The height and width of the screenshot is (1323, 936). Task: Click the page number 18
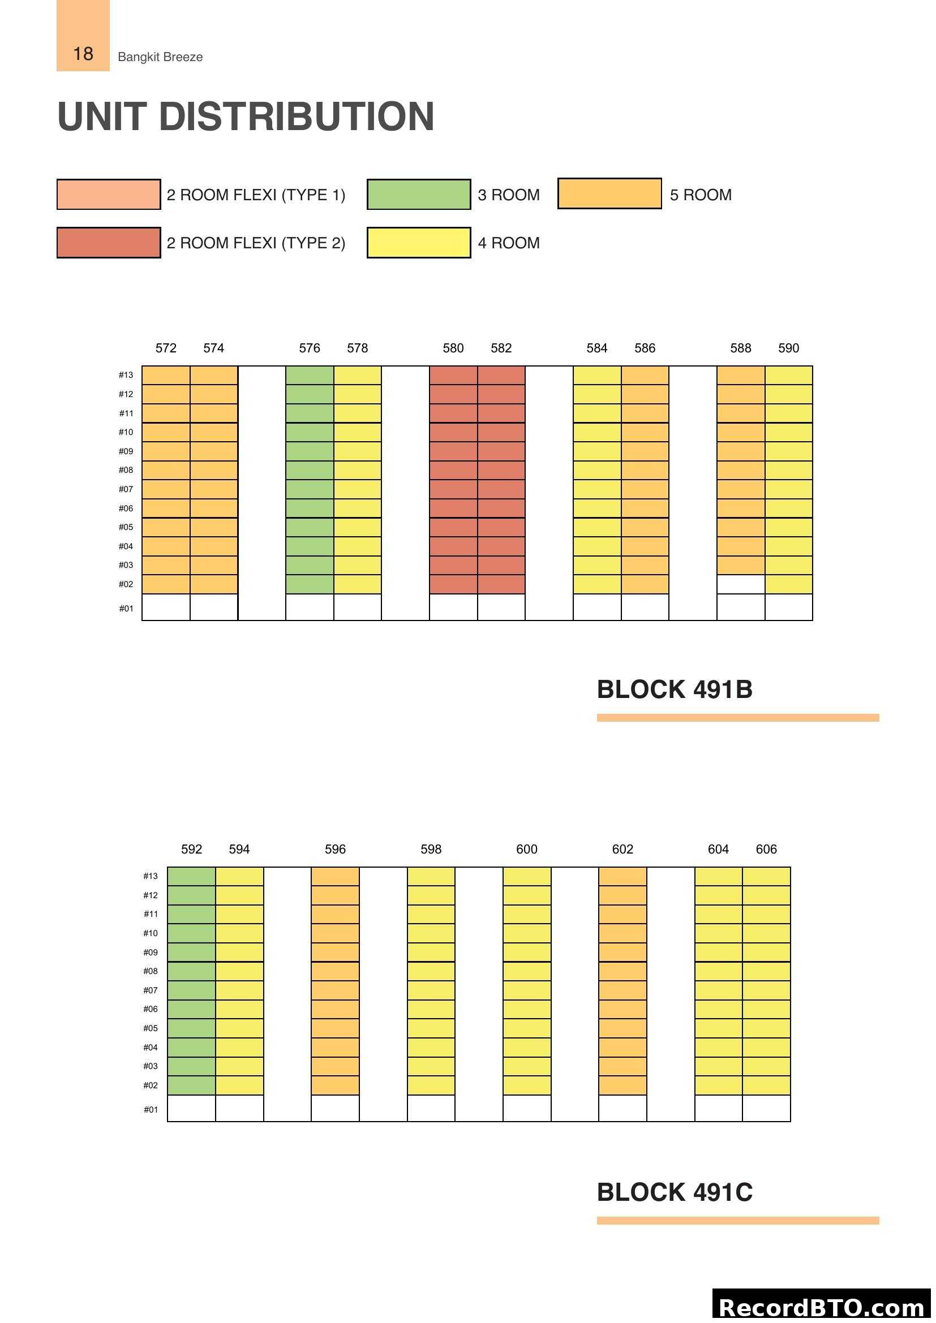pos(83,54)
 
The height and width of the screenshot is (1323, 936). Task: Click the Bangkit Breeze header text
pos(160,57)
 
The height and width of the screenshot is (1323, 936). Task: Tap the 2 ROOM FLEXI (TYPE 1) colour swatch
pos(108,194)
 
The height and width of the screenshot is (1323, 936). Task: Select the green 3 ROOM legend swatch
pos(418,194)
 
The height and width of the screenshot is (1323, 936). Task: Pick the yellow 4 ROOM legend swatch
pos(418,243)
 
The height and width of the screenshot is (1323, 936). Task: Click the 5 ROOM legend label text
pos(700,195)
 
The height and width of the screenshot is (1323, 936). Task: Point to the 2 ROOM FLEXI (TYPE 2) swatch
pos(108,243)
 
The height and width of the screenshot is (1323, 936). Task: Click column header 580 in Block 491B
pos(453,348)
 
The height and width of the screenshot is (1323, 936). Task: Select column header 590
pos(788,348)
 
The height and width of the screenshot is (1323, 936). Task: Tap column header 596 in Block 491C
pos(335,850)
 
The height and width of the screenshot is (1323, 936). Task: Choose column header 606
pos(766,850)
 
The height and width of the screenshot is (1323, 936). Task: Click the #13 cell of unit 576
pos(310,375)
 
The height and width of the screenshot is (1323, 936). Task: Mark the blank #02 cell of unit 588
pos(741,584)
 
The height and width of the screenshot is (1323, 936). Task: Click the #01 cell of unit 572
pos(166,607)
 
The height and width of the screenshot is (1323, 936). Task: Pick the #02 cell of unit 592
pos(191,1085)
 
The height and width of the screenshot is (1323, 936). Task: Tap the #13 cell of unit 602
pos(622,876)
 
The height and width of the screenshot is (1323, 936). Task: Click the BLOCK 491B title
pos(675,689)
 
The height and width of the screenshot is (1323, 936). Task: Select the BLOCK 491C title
pos(675,1192)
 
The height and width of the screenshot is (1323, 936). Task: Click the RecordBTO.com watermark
pos(821,1307)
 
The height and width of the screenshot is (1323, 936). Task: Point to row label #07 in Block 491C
pos(151,990)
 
